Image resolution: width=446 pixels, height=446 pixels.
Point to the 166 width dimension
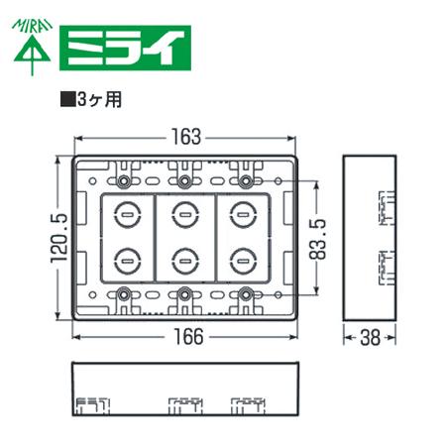[185, 336]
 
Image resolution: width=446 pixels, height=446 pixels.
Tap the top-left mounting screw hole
[123, 182]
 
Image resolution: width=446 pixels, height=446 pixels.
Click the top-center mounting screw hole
[184, 182]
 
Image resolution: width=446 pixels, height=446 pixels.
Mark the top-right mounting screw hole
[246, 182]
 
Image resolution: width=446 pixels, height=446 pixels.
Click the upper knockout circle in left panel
[127, 213]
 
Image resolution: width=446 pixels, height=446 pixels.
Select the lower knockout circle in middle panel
[184, 261]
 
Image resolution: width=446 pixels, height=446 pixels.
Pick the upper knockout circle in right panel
[241, 213]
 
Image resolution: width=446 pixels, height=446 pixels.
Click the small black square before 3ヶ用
[67, 99]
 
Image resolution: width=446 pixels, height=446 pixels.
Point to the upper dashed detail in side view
[385, 208]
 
